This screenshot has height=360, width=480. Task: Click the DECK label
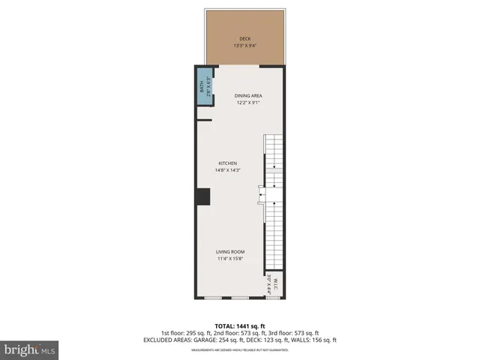244,39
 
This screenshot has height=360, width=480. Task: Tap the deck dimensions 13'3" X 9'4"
244,46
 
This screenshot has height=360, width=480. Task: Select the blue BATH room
203,88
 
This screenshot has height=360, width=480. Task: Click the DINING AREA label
247,96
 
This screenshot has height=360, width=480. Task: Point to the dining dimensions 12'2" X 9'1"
247,103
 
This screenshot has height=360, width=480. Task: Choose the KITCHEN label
228,163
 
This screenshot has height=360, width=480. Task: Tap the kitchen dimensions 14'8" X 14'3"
228,170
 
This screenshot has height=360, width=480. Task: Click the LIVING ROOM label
231,252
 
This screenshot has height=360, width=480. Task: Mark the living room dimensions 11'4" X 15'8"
231,259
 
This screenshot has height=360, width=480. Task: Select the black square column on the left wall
202,196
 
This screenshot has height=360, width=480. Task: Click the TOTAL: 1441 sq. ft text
240,325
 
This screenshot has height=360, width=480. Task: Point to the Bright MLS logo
30,349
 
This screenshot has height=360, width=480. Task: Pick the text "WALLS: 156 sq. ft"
311,340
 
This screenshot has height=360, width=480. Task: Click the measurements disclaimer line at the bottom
240,349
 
